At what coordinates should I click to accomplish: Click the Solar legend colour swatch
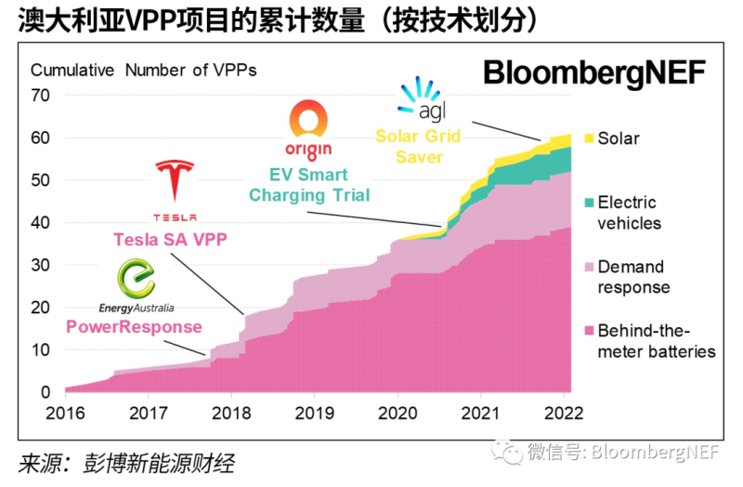tap(587, 138)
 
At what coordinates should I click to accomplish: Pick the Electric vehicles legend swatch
tap(587, 203)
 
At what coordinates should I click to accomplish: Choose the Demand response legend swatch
tap(587, 267)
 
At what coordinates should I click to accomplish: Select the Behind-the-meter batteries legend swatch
tap(587, 331)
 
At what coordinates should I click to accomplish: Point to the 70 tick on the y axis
tap(40, 95)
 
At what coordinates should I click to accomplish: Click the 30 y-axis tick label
tap(40, 265)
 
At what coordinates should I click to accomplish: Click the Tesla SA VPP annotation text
tap(170, 239)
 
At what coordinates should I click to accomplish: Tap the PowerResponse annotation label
tap(134, 326)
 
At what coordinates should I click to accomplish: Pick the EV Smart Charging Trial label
tap(308, 184)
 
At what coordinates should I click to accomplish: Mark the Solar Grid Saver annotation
tap(418, 146)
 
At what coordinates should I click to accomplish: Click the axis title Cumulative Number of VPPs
tap(144, 71)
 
